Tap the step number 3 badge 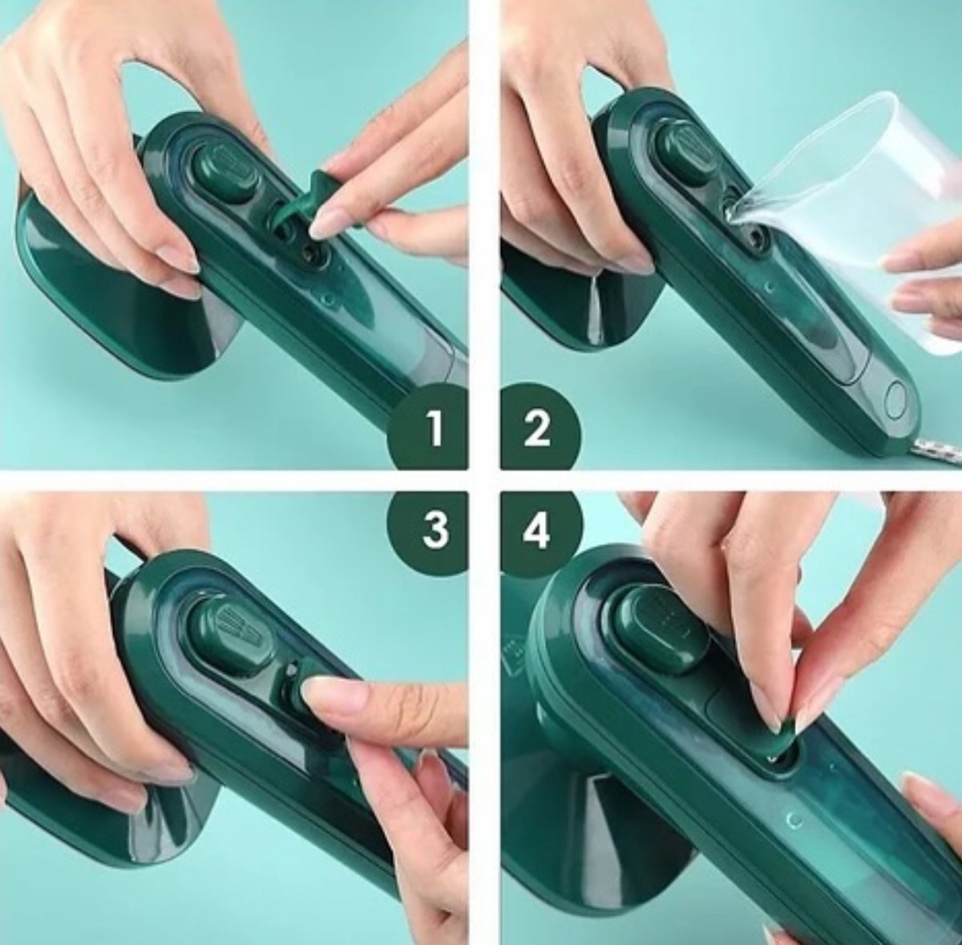[x=434, y=530]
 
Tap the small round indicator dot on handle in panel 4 [x=794, y=819]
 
